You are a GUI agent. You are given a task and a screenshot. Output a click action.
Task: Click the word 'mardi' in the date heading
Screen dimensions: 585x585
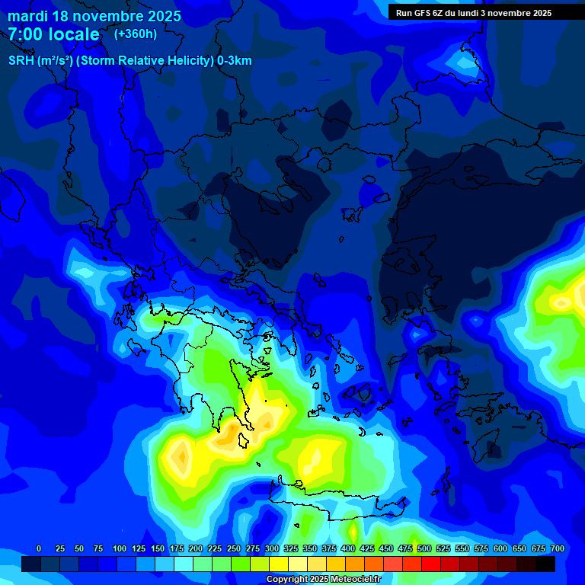coord(27,16)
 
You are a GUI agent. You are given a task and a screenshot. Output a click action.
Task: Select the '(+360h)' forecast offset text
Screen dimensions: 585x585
coord(136,34)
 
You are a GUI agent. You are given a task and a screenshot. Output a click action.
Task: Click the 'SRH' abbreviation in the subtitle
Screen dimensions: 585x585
coord(22,61)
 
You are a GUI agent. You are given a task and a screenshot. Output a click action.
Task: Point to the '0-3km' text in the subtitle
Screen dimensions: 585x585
coord(234,61)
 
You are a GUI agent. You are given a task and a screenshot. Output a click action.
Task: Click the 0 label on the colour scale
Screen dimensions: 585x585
coord(39,548)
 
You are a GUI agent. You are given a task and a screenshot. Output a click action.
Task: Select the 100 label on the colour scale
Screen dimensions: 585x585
coord(120,548)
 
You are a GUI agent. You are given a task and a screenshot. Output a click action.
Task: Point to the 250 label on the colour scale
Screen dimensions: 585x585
coord(234,548)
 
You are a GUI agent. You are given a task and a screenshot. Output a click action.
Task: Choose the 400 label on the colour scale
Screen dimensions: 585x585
coord(348,548)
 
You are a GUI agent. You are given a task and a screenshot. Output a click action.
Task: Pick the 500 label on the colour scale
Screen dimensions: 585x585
coord(424,548)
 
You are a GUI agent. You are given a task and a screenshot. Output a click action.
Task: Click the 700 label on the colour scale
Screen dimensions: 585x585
coord(558,548)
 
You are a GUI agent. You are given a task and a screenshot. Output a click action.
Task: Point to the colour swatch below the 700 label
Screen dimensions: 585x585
coord(546,564)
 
